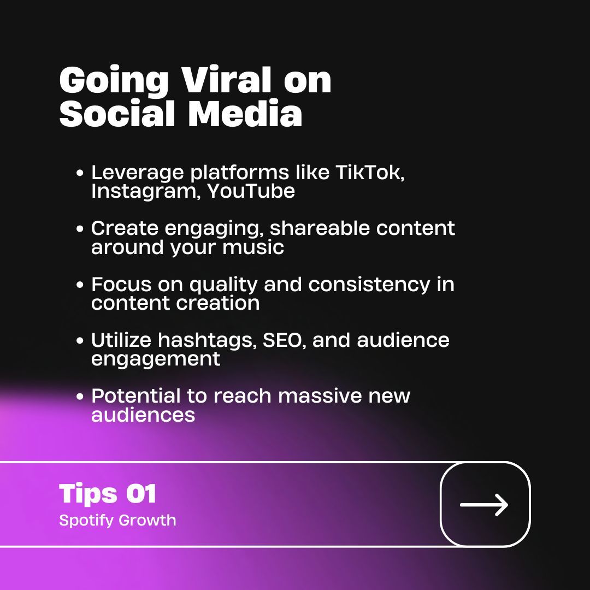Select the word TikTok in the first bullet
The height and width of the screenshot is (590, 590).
click(369, 173)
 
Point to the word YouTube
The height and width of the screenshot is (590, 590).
click(251, 191)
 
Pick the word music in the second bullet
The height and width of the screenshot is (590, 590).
click(253, 247)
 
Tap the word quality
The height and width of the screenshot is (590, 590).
click(224, 285)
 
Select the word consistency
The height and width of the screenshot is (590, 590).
click(369, 285)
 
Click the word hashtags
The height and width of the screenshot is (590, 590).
click(207, 340)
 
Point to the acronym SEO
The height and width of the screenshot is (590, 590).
click(284, 340)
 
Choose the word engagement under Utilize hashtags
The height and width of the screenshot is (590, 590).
click(156, 359)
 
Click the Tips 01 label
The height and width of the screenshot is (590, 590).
click(108, 494)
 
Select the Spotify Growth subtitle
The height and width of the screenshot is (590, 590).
click(117, 520)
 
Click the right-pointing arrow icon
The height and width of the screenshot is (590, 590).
click(485, 504)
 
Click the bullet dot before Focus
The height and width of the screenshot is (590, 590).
click(80, 285)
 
